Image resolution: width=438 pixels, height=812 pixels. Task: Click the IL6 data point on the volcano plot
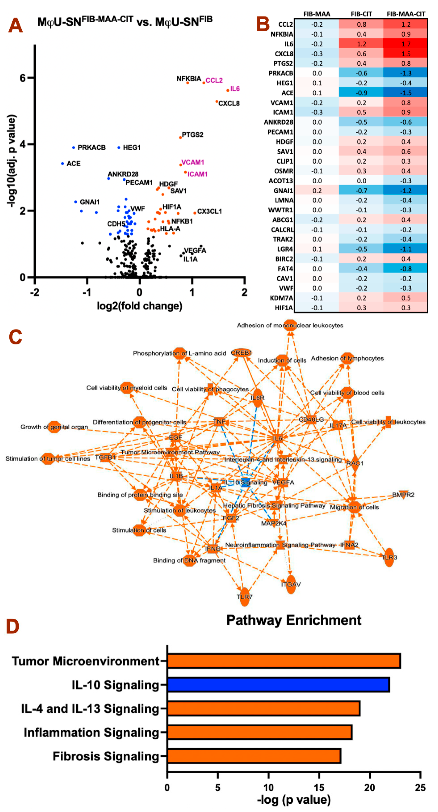tap(228, 90)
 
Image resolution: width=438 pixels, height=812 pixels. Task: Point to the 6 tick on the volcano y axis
tap(23, 78)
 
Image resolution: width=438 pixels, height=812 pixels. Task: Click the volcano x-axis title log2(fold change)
tap(139, 306)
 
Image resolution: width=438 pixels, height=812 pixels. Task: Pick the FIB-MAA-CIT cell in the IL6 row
tap(406, 44)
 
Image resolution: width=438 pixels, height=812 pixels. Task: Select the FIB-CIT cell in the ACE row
tap(361, 93)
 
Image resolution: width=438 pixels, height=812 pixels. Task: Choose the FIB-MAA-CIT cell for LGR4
tap(406, 249)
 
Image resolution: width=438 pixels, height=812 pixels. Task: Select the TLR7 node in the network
tap(244, 597)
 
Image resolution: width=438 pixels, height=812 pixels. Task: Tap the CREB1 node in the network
tap(241, 353)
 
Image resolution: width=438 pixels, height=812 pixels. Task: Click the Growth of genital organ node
tap(54, 427)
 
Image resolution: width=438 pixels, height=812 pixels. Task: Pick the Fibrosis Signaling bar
tap(254, 756)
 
